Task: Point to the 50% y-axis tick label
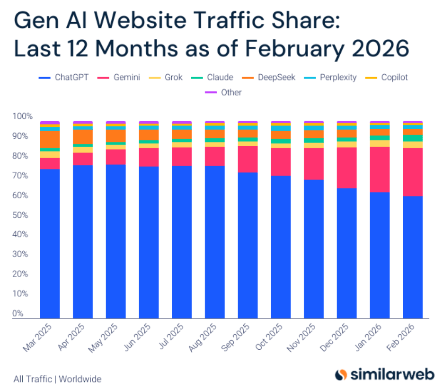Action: (23, 215)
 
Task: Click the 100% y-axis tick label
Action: (23, 116)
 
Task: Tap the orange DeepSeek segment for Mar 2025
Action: (50, 139)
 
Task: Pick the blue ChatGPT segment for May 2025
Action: (115, 241)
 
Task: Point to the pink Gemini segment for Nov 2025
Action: (313, 164)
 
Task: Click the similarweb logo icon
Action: (341, 374)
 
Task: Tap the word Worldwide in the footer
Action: (80, 379)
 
